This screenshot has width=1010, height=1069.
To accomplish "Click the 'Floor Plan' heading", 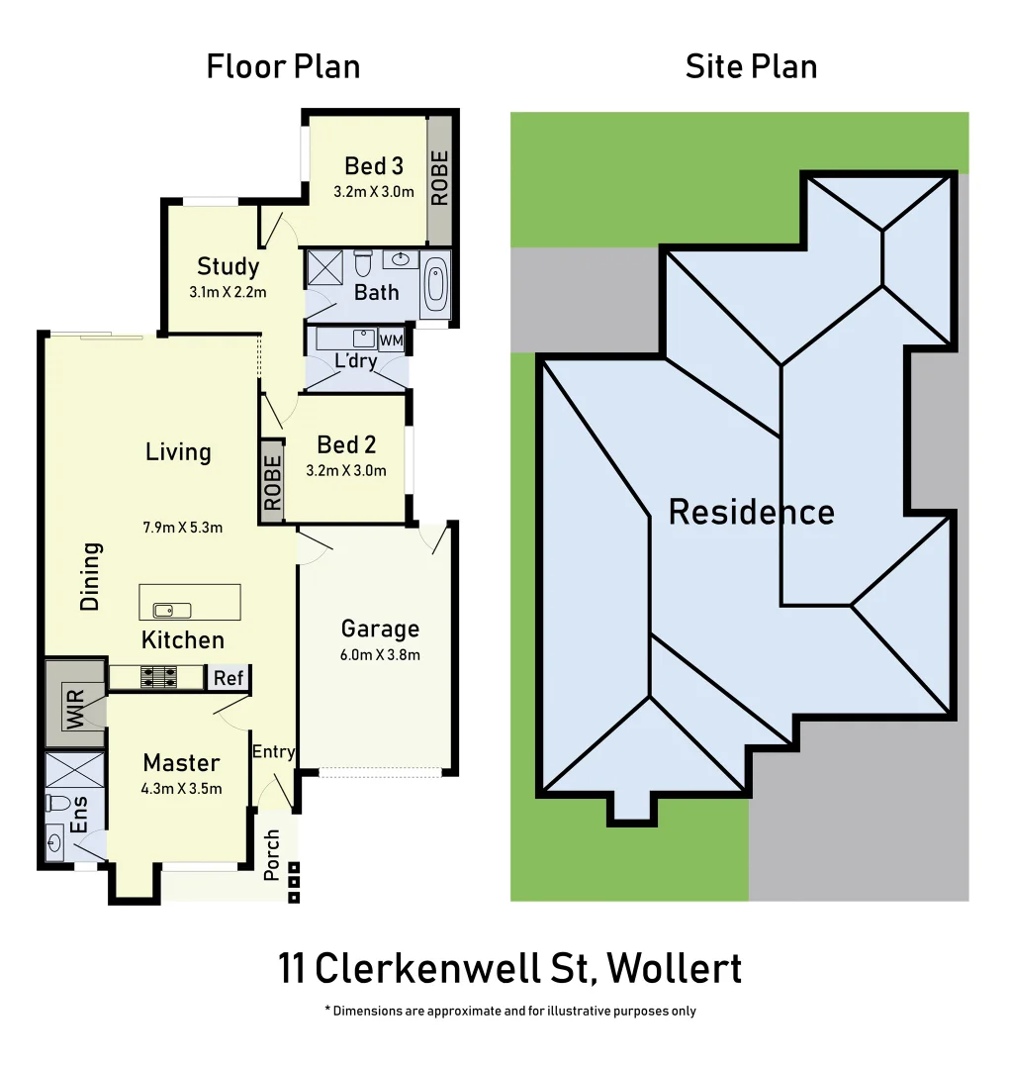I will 283,66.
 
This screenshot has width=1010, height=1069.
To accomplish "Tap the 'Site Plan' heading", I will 751,66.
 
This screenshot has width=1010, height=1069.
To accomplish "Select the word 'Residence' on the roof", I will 751,512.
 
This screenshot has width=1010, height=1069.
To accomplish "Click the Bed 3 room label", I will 374,165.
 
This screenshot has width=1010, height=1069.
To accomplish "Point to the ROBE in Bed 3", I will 440,178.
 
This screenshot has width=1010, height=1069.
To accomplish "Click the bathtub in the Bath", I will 434,285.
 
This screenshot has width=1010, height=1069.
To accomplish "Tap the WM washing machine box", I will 392,340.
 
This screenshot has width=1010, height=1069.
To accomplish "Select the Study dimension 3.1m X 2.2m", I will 229,292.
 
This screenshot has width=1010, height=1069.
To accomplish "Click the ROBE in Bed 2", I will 273,484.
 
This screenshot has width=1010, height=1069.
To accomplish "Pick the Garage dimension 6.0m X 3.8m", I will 381,654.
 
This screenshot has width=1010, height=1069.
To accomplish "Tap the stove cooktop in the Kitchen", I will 158,677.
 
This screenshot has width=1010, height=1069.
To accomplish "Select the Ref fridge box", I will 229,678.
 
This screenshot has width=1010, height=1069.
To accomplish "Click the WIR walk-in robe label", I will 75,707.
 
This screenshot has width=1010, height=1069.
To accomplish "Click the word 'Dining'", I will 91,575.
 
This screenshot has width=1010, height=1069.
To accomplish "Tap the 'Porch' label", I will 272,854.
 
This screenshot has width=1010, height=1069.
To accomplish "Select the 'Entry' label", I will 273,751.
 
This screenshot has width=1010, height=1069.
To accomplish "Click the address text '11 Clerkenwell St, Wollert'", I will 509,968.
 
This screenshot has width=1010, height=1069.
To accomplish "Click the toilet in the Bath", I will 362,264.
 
